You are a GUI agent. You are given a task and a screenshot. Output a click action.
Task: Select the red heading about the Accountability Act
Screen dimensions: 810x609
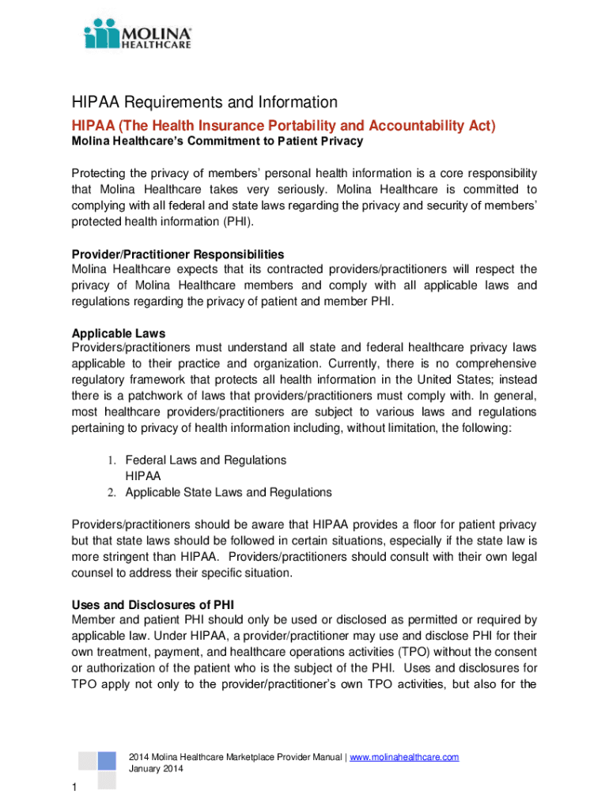284,126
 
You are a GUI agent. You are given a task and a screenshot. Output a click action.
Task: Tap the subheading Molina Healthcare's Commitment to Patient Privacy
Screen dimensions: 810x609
217,141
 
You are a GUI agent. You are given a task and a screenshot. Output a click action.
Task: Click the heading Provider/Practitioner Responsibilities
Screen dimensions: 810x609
178,254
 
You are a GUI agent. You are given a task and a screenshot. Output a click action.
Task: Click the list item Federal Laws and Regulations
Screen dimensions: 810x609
206,460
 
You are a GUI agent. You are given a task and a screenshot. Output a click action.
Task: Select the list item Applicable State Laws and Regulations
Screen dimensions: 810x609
229,492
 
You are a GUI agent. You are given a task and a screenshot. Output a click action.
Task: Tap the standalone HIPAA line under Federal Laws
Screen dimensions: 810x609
143,476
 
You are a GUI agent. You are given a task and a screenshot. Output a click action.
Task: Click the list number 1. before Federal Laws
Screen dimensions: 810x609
112,460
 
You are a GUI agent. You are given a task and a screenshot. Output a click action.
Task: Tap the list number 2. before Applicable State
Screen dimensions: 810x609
112,493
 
